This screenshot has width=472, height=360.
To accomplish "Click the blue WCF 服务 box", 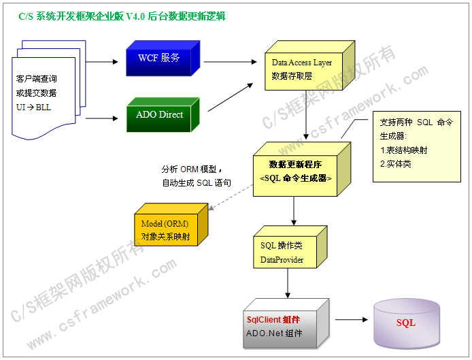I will tap(159, 59).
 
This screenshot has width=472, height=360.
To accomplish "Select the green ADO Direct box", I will tap(160, 115).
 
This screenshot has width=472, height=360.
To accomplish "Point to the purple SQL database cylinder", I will tap(405, 323).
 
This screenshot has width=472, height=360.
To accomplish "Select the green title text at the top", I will tap(122, 16).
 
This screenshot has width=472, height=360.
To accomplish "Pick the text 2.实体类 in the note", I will tap(396, 164).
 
